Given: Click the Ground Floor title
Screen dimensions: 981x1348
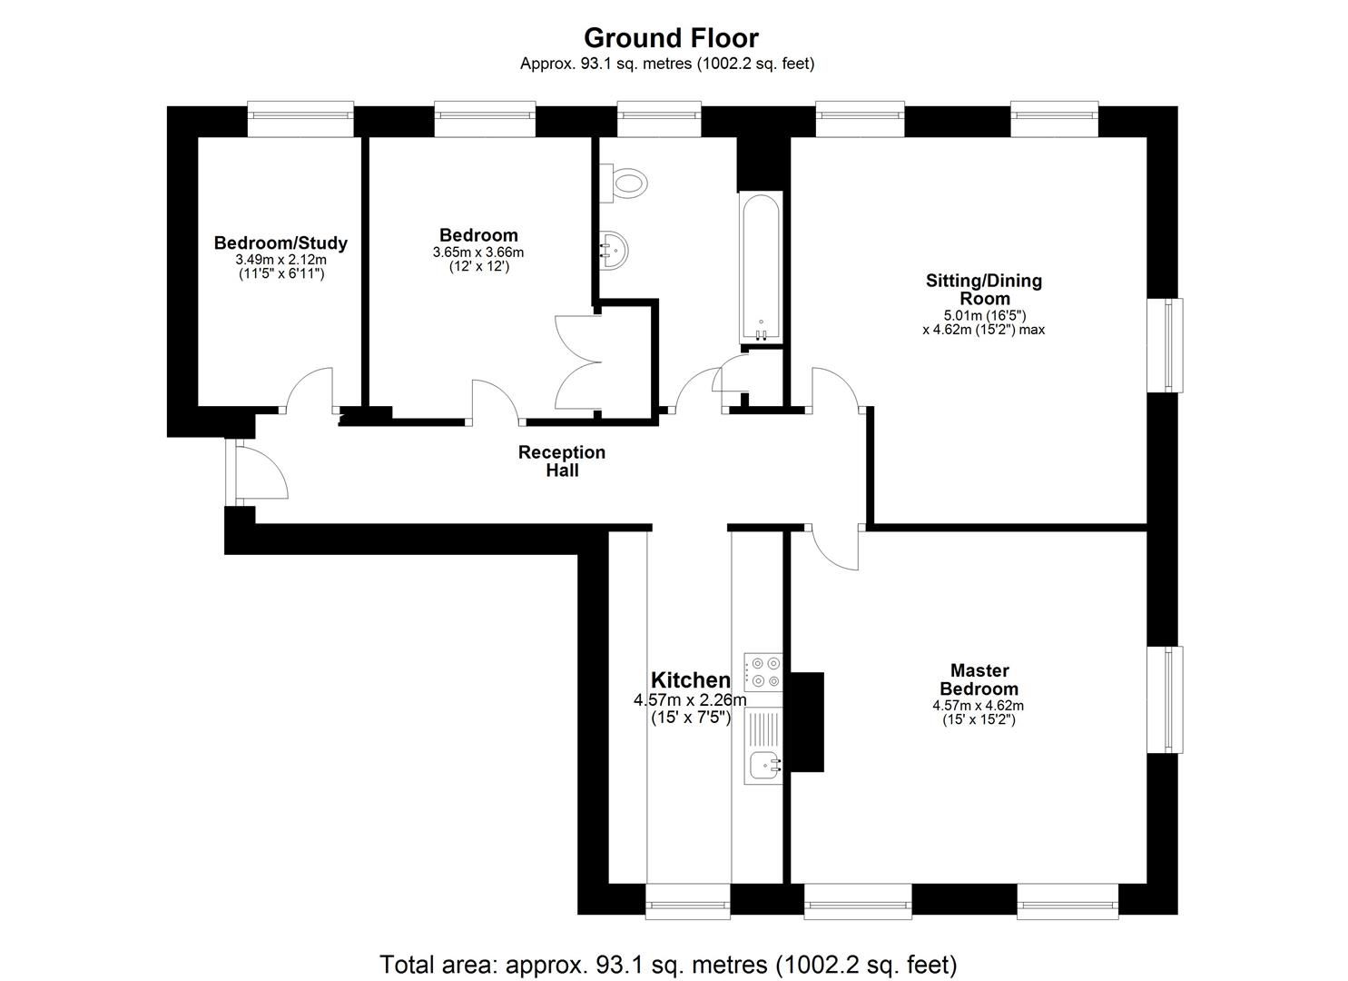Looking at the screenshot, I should click(671, 38).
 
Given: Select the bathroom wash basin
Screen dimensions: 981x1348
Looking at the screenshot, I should click(614, 248).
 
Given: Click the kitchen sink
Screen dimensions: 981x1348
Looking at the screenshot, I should click(762, 767).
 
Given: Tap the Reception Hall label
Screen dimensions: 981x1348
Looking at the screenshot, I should click(562, 461).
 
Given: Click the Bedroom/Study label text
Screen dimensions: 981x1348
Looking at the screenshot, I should click(280, 243).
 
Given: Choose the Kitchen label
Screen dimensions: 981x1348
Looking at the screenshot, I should click(690, 680).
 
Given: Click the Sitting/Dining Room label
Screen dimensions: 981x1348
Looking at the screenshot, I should click(984, 289).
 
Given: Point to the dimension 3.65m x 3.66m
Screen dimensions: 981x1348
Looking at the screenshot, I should click(478, 253).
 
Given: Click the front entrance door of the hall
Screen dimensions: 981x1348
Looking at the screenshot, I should click(261, 471).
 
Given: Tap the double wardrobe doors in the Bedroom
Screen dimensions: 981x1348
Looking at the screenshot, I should click(578, 362).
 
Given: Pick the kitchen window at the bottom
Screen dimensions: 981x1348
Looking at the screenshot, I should click(687, 904).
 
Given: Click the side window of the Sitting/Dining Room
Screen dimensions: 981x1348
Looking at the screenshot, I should click(1175, 345).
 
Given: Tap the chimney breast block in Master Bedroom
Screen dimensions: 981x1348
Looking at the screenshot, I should click(806, 721).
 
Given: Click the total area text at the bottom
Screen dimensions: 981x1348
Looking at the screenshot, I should click(667, 964).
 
